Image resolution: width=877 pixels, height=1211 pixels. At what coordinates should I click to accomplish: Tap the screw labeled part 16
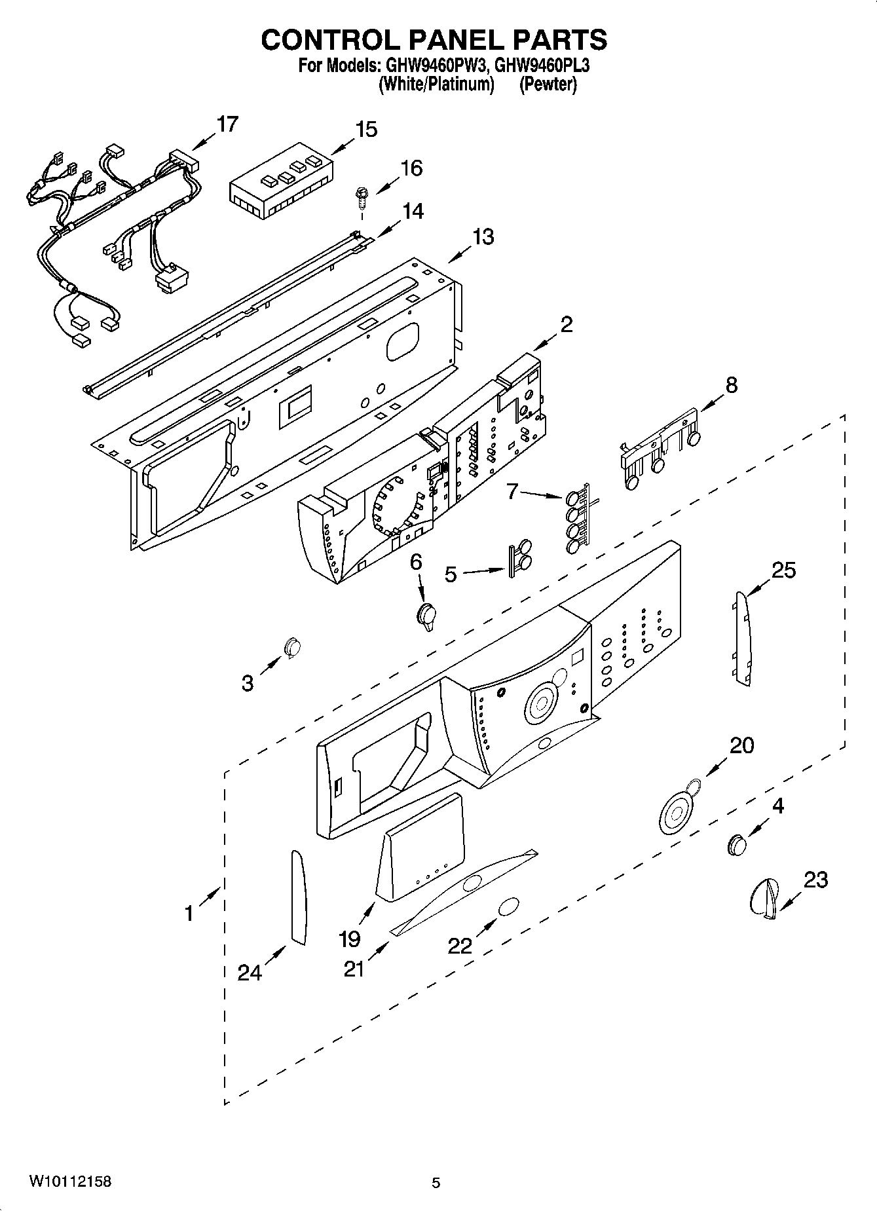[360, 195]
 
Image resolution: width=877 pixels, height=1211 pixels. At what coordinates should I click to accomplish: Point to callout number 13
[483, 236]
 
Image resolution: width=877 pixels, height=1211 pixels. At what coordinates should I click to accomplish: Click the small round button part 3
[292, 647]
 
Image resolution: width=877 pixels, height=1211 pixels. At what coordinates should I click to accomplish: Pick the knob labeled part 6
[427, 616]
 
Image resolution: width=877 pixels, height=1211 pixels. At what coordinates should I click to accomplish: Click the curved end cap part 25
[741, 639]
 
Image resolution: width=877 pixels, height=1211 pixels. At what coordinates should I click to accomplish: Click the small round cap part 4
[737, 845]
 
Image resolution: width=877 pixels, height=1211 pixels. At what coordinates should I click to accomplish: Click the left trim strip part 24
[299, 898]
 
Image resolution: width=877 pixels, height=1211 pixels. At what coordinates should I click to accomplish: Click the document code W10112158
[69, 1182]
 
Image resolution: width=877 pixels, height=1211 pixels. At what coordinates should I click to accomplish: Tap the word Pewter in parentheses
[548, 84]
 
